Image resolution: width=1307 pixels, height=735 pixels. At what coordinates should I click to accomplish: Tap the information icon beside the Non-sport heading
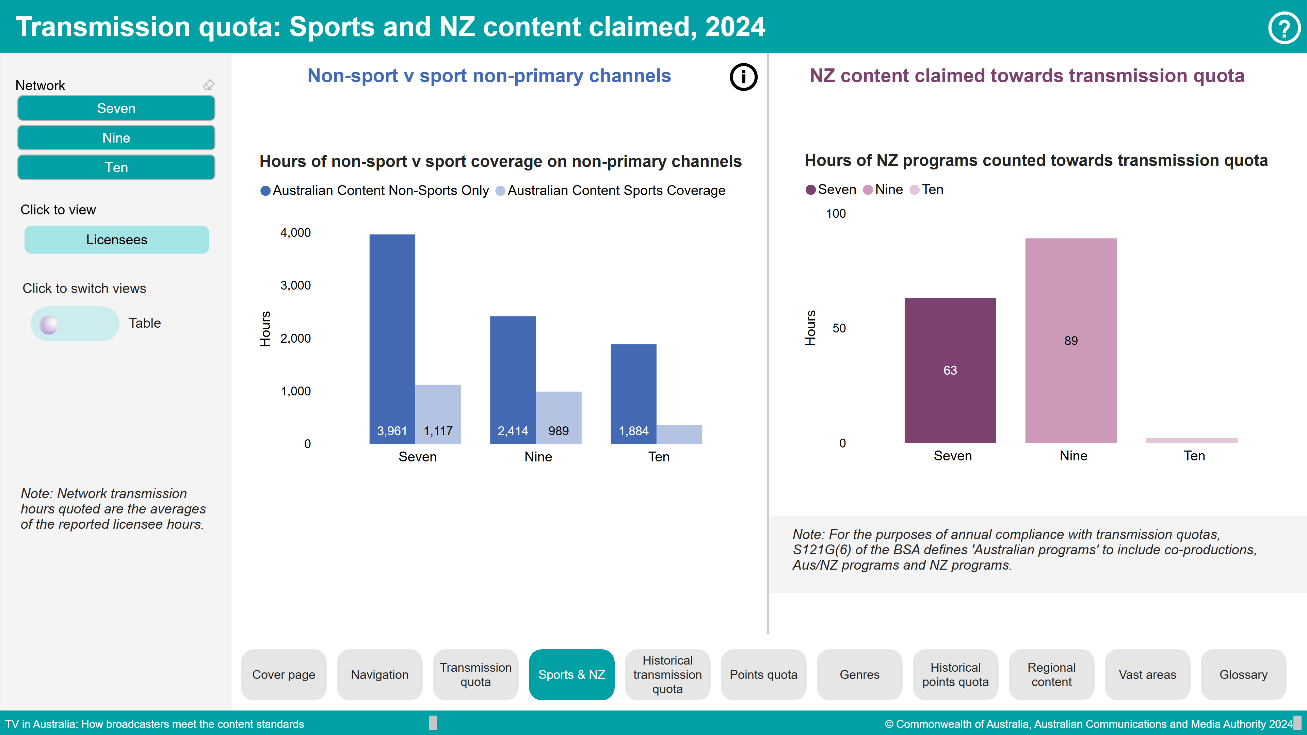(743, 77)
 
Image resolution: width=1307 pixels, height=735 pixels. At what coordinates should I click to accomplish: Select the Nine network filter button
(116, 138)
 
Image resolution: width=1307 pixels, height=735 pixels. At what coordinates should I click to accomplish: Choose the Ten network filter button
(116, 167)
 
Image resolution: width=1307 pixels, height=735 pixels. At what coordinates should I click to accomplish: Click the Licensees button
(117, 240)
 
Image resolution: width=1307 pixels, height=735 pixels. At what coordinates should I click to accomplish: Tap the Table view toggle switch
(75, 324)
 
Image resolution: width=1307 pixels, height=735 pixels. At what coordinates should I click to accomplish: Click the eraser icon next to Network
(209, 85)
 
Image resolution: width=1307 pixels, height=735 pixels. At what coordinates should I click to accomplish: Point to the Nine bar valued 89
(1070, 340)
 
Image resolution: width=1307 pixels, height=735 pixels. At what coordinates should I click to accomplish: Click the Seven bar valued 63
(950, 370)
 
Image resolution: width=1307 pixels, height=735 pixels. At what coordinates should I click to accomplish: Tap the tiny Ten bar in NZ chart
(1191, 440)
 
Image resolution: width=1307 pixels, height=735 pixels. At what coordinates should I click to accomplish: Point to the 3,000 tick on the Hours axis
(296, 285)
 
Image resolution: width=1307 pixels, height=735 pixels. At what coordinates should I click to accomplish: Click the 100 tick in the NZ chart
(836, 214)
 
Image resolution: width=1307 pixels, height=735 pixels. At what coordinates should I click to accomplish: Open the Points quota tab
(763, 675)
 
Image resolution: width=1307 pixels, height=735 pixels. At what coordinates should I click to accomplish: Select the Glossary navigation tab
(1243, 675)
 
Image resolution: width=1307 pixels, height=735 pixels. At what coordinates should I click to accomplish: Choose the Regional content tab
(1051, 675)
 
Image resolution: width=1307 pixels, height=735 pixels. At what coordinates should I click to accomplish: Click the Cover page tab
(284, 675)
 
